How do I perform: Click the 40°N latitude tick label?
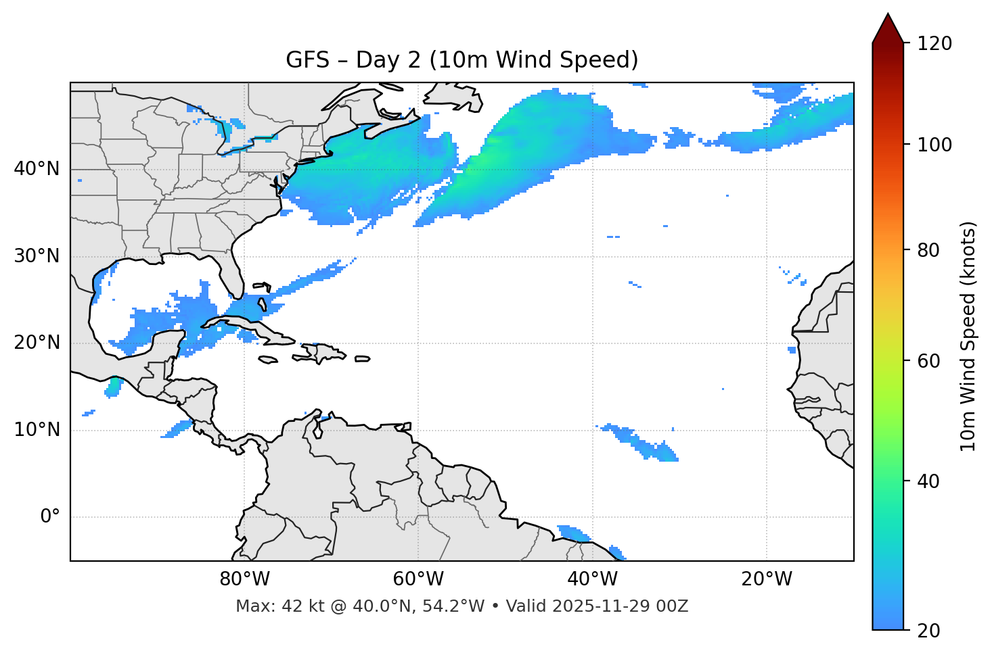(x=37, y=169)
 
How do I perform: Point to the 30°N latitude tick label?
(x=37, y=256)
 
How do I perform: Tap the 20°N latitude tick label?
(x=37, y=343)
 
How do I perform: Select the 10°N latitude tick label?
(x=37, y=430)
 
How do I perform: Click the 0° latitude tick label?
(x=50, y=517)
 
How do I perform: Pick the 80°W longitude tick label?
(x=244, y=579)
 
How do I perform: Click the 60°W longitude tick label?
(x=418, y=579)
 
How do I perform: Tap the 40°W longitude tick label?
(x=592, y=579)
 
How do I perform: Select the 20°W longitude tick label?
(x=767, y=579)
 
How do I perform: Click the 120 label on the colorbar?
(x=934, y=44)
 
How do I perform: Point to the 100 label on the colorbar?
(x=934, y=145)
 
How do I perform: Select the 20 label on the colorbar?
(x=928, y=631)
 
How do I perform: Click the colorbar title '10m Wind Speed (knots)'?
(x=968, y=337)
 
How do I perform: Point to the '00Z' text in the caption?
(x=674, y=606)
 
